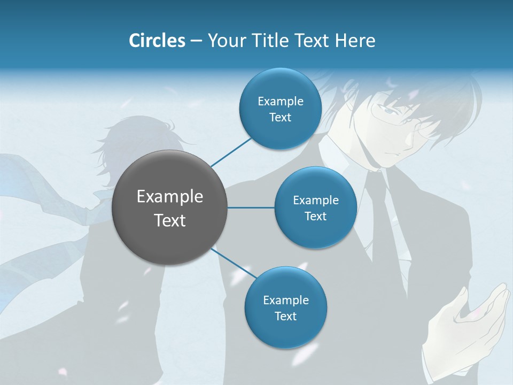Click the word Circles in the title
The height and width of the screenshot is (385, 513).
click(157, 41)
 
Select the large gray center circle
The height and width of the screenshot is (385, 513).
click(170, 207)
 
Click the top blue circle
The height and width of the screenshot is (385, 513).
click(280, 109)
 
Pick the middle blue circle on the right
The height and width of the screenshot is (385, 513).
click(315, 207)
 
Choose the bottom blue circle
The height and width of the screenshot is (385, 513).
click(285, 307)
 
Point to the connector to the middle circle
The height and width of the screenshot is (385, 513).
click(251, 207)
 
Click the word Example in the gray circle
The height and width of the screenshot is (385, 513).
click(170, 196)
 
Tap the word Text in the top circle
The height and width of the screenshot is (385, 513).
click(280, 118)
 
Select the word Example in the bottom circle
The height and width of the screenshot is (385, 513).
click(285, 300)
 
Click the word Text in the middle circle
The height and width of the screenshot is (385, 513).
click(315, 216)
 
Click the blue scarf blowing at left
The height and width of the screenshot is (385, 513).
click(32, 187)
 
